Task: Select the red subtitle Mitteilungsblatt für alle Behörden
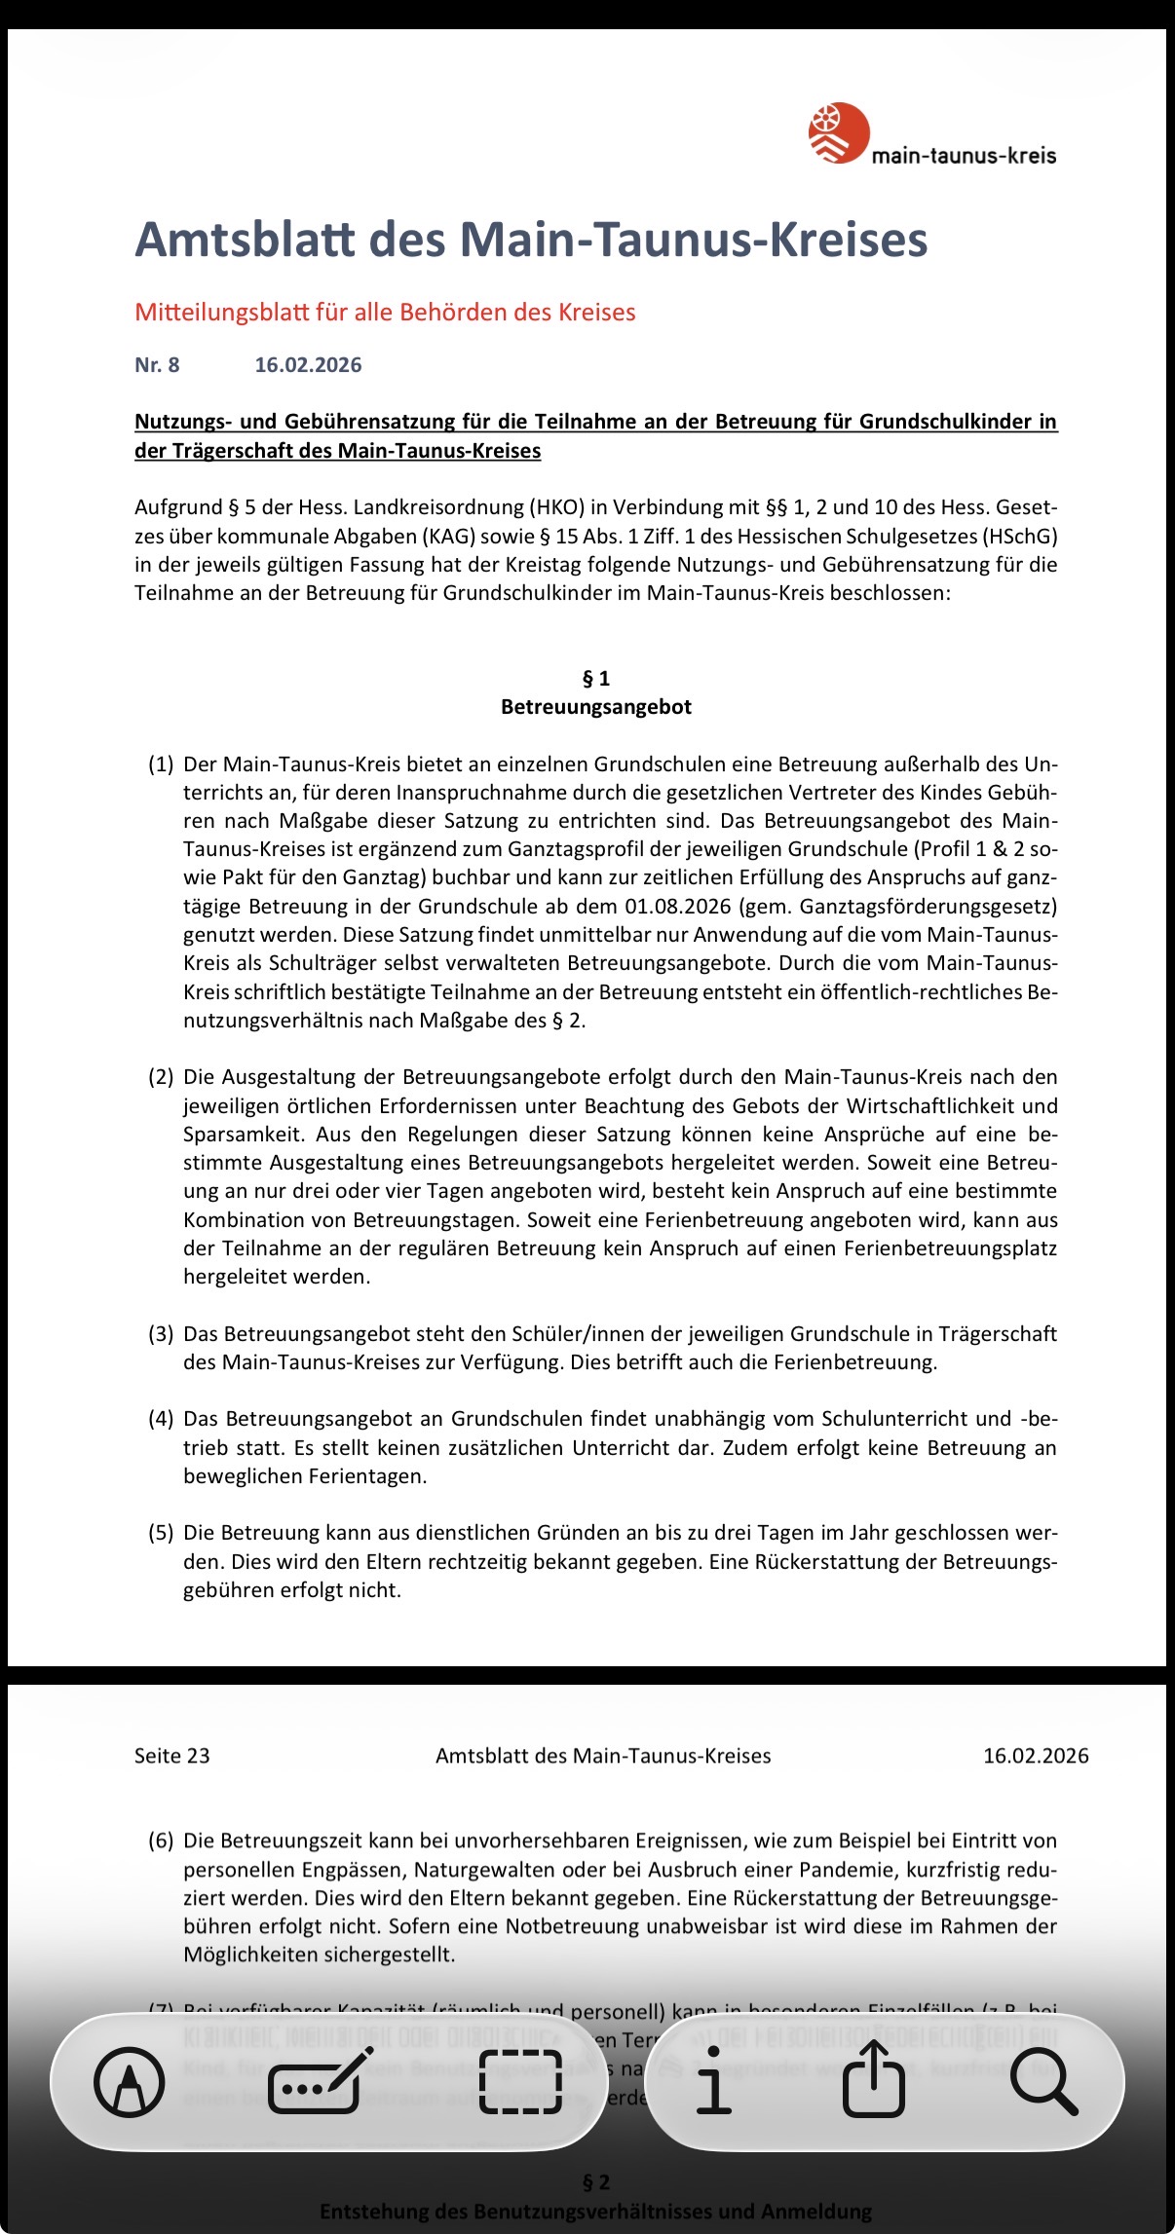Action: [385, 313]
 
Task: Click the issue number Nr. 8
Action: [157, 365]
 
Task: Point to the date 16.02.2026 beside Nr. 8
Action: [308, 365]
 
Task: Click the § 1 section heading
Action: [595, 679]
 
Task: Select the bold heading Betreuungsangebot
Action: [595, 707]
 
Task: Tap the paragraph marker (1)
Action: [161, 764]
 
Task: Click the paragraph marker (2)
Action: [161, 1077]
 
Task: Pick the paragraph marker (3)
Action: [161, 1334]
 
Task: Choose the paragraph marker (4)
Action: [161, 1419]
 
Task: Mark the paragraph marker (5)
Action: [161, 1533]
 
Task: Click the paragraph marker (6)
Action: [161, 1842]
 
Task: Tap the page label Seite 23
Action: [172, 1756]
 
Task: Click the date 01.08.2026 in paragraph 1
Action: [678, 907]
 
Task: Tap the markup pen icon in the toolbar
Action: [129, 2082]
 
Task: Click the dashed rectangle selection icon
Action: [521, 2082]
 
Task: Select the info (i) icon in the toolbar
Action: [713, 2082]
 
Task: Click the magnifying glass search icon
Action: [1042, 2082]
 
